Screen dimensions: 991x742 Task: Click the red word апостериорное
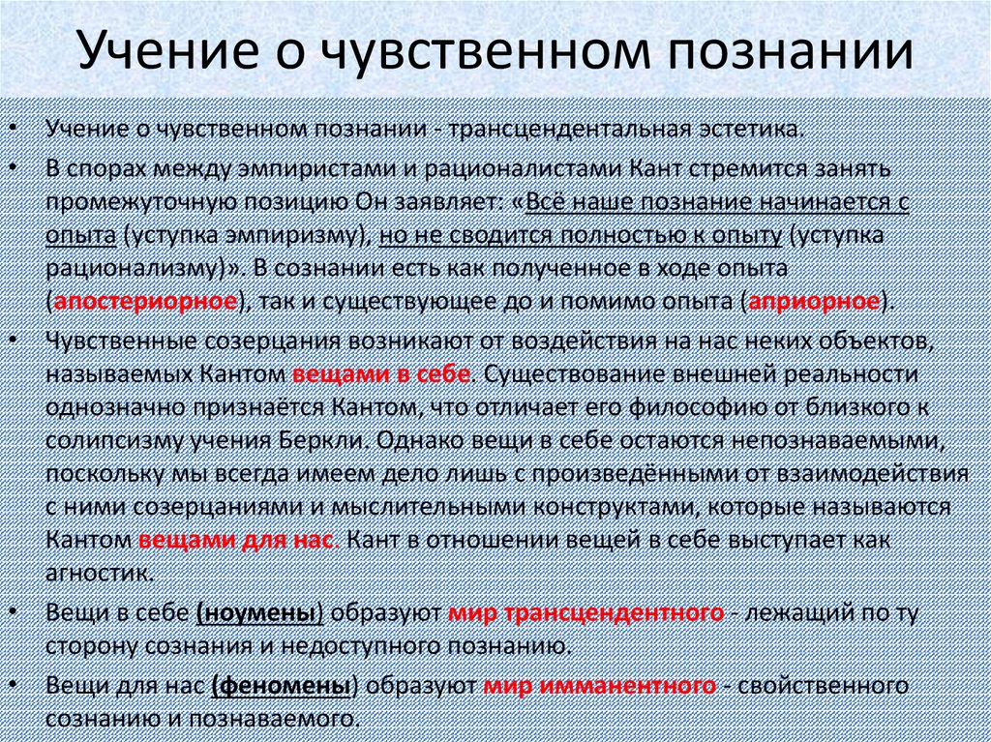point(145,302)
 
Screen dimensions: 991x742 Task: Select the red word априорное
point(813,302)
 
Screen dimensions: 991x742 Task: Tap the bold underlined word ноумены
point(260,612)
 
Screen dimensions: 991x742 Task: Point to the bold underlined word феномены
point(282,686)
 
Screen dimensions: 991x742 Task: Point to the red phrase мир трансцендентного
point(586,612)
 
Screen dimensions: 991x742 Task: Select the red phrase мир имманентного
point(600,686)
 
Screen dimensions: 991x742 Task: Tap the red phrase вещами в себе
point(381,373)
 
